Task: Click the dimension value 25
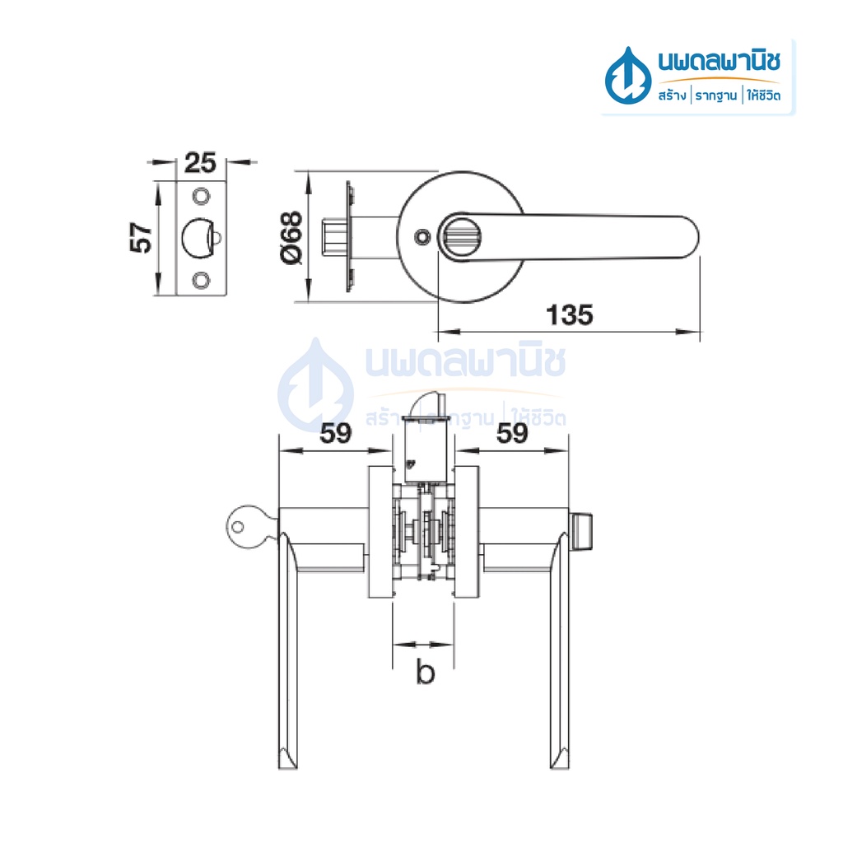click(x=200, y=162)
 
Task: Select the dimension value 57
click(x=141, y=237)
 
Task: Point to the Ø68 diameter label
click(x=292, y=237)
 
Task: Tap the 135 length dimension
click(x=570, y=315)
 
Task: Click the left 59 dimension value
click(x=336, y=433)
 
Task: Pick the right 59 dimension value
click(x=512, y=433)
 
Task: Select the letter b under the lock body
click(x=426, y=672)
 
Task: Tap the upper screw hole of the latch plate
click(x=201, y=196)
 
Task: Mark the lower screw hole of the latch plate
click(x=201, y=280)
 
